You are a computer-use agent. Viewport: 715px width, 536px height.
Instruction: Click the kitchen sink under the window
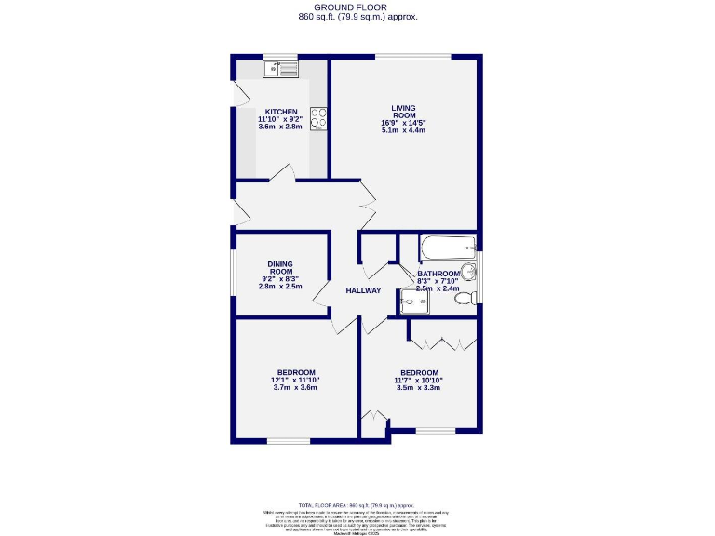tap(280, 68)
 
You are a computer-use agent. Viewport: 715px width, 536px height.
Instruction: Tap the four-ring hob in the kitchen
tap(318, 118)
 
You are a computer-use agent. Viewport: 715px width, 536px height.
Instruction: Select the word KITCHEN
tap(281, 112)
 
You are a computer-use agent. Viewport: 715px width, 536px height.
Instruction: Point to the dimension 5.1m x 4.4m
tap(403, 130)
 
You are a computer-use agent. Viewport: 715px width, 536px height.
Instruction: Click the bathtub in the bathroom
tap(448, 248)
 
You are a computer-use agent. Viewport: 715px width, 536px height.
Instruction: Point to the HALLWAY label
tap(363, 291)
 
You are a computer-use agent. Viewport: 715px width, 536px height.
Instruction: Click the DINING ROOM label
tap(280, 267)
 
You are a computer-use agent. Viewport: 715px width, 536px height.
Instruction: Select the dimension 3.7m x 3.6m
tap(295, 387)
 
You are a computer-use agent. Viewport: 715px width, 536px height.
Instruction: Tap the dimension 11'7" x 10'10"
tap(418, 379)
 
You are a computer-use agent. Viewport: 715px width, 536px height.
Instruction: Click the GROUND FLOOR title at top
tap(357, 7)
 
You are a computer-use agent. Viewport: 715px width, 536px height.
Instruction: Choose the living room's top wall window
tap(413, 57)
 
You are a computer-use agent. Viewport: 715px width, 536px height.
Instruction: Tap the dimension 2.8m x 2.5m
tap(280, 287)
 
